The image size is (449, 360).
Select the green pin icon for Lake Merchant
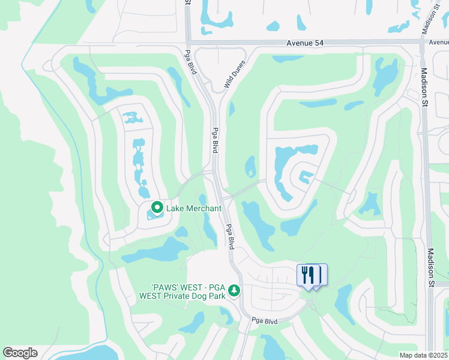click(x=157, y=208)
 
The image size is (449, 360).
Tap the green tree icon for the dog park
click(x=234, y=290)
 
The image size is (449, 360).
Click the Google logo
click(x=20, y=353)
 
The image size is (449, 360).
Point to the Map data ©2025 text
click(x=423, y=355)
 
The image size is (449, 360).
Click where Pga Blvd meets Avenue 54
click(x=188, y=42)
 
